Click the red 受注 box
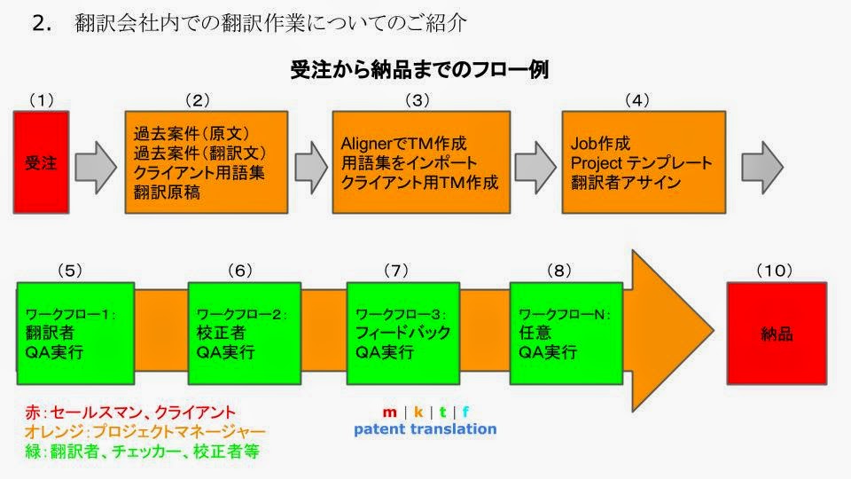42,162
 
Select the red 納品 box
777,334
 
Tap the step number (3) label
418,100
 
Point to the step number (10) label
775,271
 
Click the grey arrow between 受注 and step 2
96,168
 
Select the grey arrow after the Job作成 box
762,168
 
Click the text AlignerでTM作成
404,144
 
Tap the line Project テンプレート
641,163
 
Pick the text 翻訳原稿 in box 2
168,192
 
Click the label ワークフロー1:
71,314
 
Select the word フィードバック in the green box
402,333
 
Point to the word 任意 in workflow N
535,333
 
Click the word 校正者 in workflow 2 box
221,333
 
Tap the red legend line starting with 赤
130,412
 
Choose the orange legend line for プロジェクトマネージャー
144,432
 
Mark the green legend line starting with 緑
142,452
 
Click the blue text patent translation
425,429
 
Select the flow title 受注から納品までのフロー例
419,70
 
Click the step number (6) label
240,271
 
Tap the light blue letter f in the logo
465,412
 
